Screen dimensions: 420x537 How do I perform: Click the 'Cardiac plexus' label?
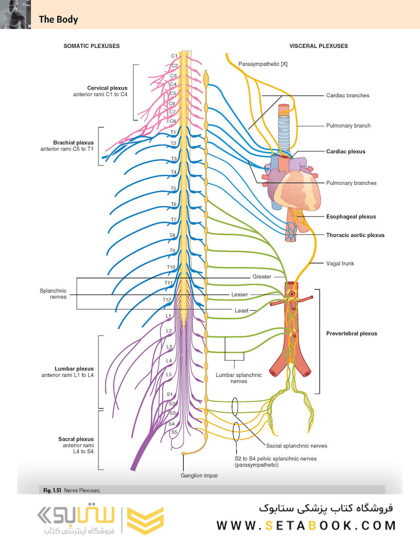tap(346, 151)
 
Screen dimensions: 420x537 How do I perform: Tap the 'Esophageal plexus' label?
tap(351, 216)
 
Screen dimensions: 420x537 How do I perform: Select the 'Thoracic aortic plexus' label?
tap(355, 235)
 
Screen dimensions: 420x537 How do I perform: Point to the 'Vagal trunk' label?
tap(340, 263)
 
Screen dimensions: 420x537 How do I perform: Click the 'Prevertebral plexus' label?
tap(351, 333)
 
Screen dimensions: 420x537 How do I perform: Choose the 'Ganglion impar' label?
tap(200, 475)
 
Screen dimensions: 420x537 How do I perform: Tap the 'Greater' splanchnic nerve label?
tap(262, 276)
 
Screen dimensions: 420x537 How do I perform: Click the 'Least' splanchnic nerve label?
tap(241, 310)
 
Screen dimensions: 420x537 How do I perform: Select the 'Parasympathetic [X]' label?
tap(263, 64)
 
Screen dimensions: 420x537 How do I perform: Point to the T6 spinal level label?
tap(174, 204)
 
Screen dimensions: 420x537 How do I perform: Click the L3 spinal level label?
tap(169, 346)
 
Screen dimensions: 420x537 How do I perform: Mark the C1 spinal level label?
tap(174, 56)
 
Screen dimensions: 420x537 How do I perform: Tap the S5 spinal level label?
tap(174, 432)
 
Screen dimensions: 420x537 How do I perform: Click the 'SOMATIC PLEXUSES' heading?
tap(92, 46)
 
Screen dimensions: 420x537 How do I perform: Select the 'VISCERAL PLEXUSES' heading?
tap(318, 46)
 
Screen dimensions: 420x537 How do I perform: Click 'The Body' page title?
tap(58, 19)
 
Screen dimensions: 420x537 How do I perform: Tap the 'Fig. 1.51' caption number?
tap(52, 490)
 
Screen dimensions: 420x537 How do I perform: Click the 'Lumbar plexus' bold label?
tap(74, 369)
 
